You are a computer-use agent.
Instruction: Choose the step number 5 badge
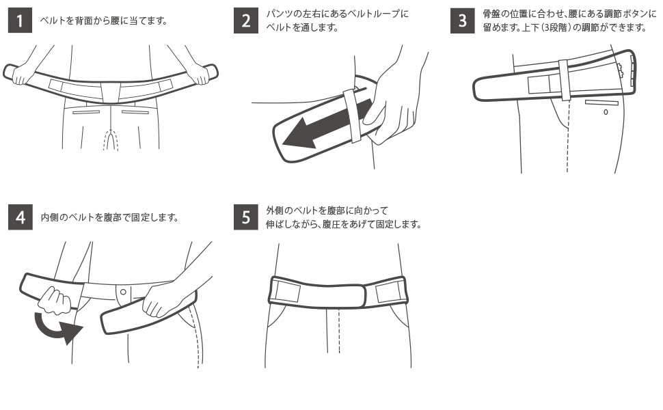click(x=245, y=218)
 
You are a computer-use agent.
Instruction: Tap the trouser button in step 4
click(x=123, y=292)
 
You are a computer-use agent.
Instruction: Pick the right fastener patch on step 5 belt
click(x=391, y=291)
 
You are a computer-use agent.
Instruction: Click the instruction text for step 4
click(x=110, y=218)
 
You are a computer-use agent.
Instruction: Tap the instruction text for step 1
click(x=103, y=20)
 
